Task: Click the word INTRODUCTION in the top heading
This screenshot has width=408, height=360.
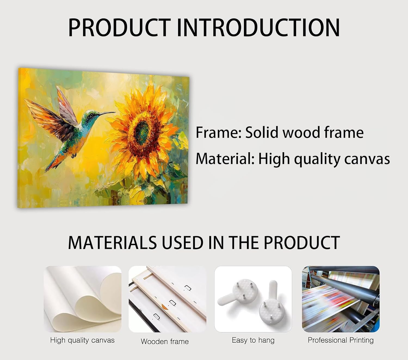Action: click(x=258, y=27)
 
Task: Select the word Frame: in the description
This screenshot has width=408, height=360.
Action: click(x=218, y=132)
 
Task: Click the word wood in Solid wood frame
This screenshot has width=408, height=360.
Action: click(x=301, y=132)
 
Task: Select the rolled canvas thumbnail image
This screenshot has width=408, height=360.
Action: click(x=83, y=299)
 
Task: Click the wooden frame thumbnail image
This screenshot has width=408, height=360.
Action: click(x=168, y=299)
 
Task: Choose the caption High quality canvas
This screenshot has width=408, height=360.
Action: click(x=82, y=340)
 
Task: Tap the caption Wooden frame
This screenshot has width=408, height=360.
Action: click(x=165, y=342)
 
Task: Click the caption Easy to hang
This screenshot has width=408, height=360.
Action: click(x=253, y=340)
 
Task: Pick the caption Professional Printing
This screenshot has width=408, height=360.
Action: click(x=341, y=340)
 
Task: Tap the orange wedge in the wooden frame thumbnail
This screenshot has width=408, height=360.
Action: click(x=165, y=307)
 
